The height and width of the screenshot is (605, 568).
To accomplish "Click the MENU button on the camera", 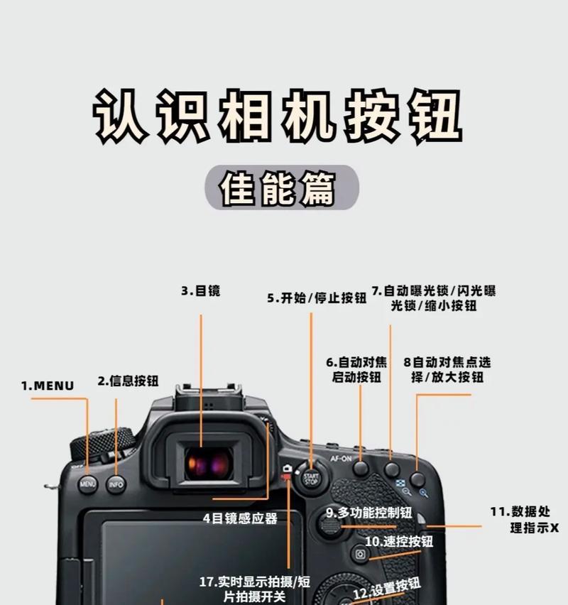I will (x=88, y=485).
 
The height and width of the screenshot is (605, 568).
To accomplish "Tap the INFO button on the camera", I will (x=116, y=485).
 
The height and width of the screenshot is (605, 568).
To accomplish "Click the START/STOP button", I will (x=310, y=476).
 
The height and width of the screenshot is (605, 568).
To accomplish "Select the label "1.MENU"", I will (x=48, y=386).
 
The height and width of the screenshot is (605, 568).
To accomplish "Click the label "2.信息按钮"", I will (x=128, y=381).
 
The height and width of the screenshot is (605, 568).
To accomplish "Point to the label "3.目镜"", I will (x=200, y=290).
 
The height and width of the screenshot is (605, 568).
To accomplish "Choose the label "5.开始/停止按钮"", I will (x=317, y=298).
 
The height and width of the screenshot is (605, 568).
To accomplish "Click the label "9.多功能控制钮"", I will (x=369, y=512).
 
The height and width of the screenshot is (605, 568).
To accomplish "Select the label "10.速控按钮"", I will (x=399, y=541).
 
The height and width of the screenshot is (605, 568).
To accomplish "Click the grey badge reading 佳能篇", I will (x=283, y=187).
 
